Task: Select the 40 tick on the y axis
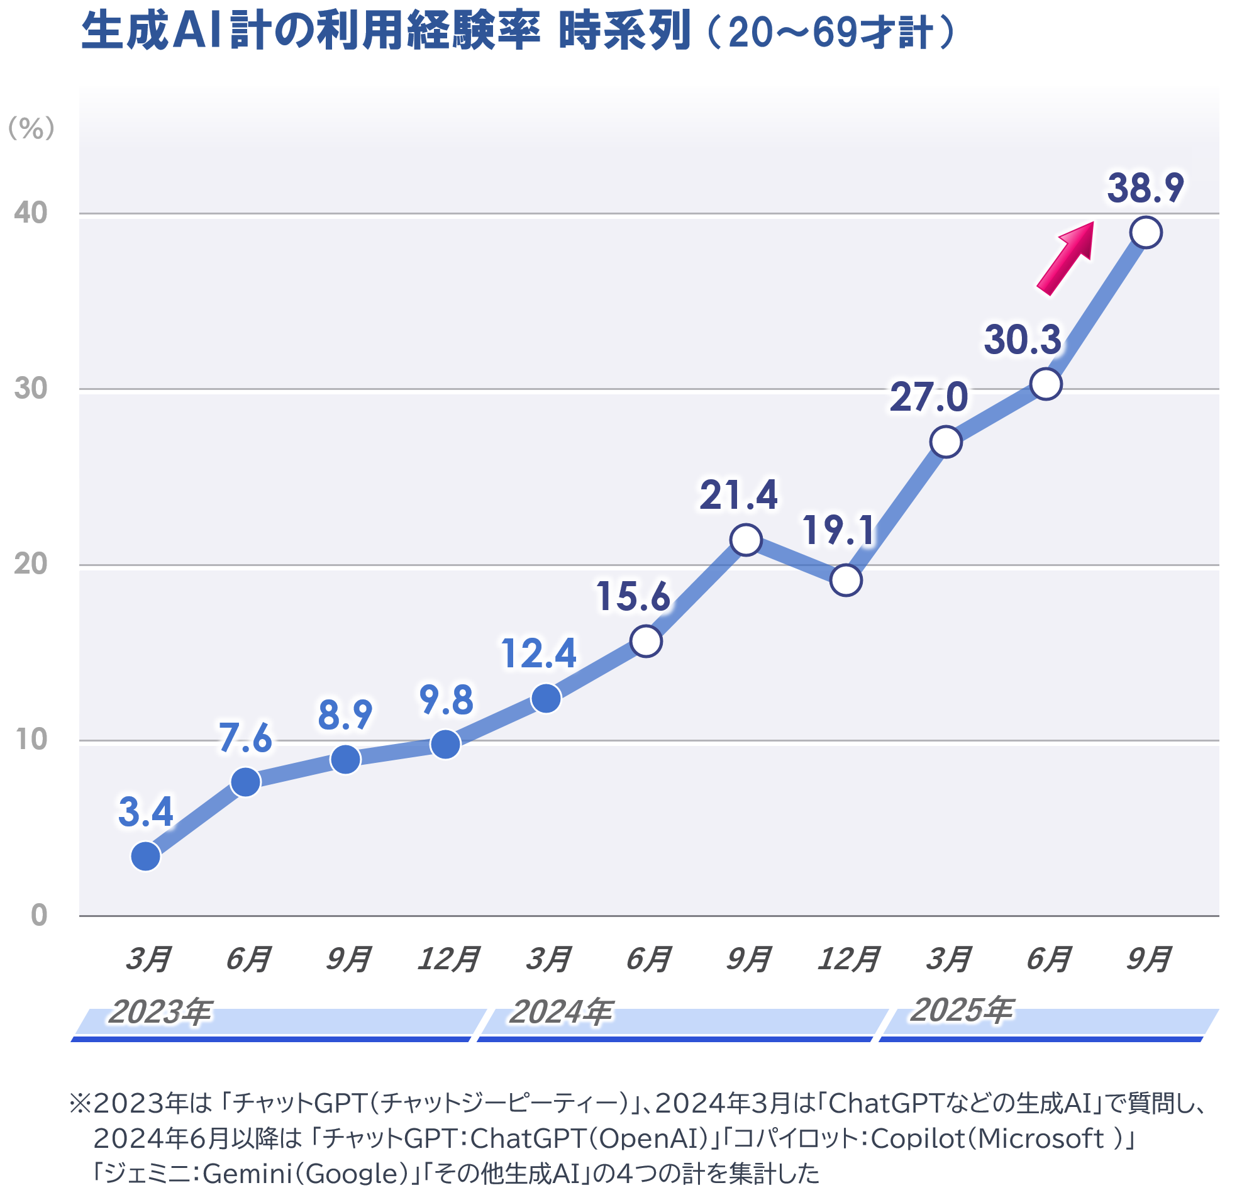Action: (x=31, y=214)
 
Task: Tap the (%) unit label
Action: (x=31, y=130)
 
